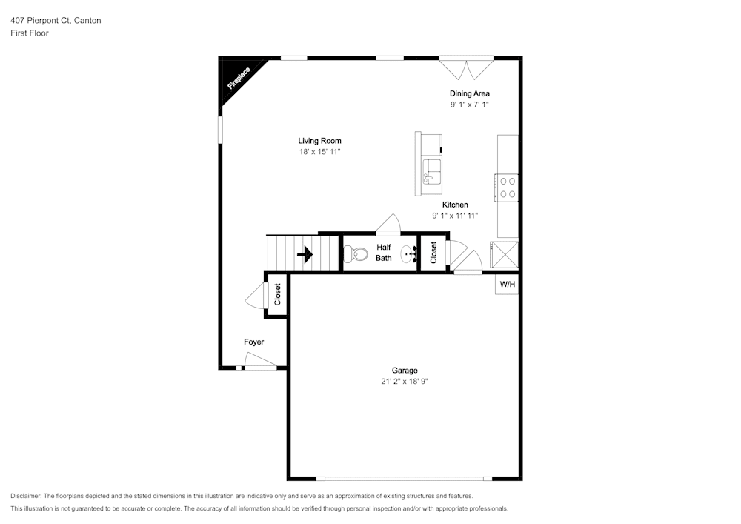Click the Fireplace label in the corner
(x=239, y=79)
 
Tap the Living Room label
(x=319, y=141)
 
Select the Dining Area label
(x=469, y=93)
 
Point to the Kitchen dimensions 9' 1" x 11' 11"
(x=455, y=216)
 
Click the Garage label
(x=405, y=371)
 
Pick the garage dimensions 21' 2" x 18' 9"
(x=405, y=382)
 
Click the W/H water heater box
(x=507, y=285)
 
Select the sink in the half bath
(x=409, y=254)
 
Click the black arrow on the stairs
(x=305, y=255)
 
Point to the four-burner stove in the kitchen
(x=507, y=188)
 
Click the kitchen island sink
(x=431, y=172)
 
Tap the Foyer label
(x=253, y=342)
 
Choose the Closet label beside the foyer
(x=277, y=294)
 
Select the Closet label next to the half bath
(x=433, y=253)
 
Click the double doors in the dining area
(x=466, y=68)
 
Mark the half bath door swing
(x=388, y=225)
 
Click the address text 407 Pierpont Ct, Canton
(x=56, y=20)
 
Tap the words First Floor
(x=30, y=33)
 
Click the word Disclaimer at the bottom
(x=25, y=496)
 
